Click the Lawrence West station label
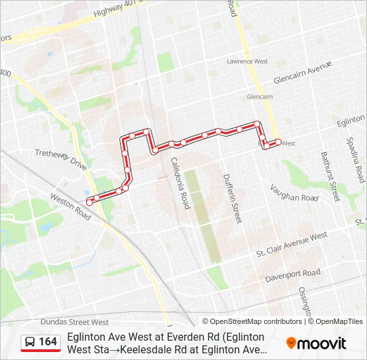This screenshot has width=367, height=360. click(247, 61)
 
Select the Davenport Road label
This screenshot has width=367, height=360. click(292, 274)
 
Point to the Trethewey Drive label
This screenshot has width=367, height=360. click(61, 159)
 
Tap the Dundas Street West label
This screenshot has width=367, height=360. click(74, 322)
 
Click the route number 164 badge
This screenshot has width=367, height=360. click(48, 342)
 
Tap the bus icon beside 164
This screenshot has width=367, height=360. click(31, 342)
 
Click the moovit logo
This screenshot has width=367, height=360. click(316, 343)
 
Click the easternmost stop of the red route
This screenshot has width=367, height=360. click(278, 141)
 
